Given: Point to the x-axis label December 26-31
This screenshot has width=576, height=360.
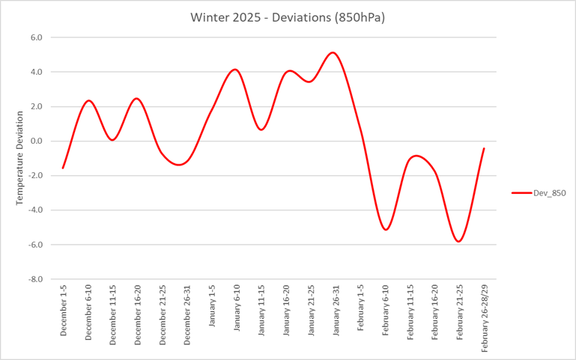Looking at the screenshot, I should point(187,314).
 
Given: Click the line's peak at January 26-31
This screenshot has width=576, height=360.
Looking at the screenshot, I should point(333,52).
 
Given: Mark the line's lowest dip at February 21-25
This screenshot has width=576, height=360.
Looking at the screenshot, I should point(458,241).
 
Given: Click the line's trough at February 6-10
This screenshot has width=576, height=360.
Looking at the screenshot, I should point(385,229).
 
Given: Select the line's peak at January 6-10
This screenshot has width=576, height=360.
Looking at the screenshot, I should point(235,70).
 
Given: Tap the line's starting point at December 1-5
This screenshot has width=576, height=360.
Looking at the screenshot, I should point(63,168).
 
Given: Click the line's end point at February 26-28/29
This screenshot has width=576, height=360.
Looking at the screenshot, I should point(484,148).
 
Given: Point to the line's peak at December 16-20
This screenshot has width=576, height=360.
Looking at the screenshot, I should point(136,99).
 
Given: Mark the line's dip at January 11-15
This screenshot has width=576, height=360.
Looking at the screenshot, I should point(261,129).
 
